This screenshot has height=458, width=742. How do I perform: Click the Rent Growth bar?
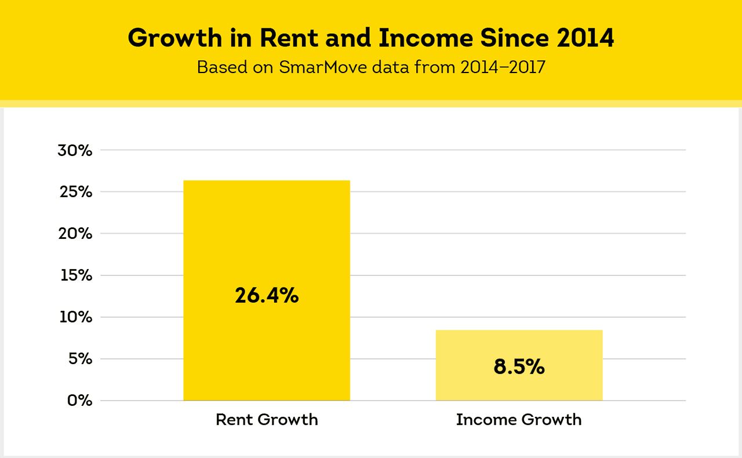pos(267,243)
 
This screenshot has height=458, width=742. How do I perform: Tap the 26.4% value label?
pos(267,296)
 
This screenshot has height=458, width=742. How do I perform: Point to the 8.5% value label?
pos(519,367)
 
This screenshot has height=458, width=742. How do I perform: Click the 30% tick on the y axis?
pos(75,150)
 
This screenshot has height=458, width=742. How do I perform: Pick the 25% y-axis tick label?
pos(75,192)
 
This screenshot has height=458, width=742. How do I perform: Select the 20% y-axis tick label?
pos(75,234)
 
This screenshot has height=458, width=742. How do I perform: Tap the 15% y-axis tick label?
pos(76,275)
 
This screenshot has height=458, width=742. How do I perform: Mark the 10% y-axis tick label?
pos(76,317)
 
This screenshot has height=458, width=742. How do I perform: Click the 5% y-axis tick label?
pos(79,359)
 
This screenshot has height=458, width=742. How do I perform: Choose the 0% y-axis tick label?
pos(79,401)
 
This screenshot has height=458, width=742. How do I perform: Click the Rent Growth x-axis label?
pos(267,420)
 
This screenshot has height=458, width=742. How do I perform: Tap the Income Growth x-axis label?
pos(519,420)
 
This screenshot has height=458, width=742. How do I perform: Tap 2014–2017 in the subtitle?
pos(503,67)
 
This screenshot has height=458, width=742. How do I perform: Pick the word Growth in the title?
pos(175,38)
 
